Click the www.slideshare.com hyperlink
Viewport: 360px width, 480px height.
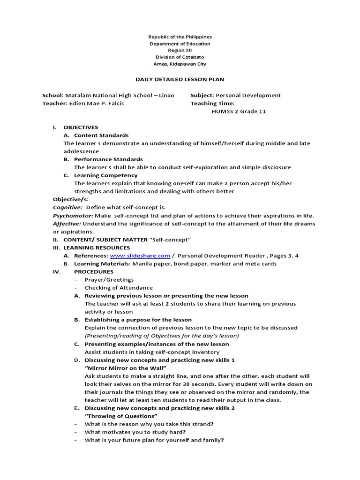[140, 256]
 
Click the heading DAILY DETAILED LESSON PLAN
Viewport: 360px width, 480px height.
[180, 79]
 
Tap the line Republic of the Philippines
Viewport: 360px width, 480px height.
[180, 37]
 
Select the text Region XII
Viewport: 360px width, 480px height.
[180, 51]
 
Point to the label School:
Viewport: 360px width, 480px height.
[52, 95]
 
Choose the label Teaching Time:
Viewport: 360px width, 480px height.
[212, 103]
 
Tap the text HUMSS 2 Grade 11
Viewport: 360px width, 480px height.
[239, 112]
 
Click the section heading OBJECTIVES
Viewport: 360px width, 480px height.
[81, 127]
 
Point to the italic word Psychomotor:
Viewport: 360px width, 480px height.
[73, 216]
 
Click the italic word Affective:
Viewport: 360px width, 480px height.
[67, 224]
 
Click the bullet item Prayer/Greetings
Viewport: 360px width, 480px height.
[109, 280]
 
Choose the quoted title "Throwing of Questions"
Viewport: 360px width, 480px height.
[121, 416]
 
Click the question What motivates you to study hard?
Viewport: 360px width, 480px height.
[135, 432]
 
